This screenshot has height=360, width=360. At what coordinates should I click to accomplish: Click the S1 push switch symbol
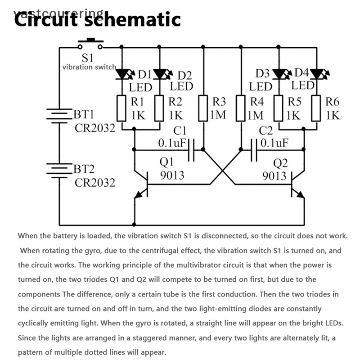coord(90,45)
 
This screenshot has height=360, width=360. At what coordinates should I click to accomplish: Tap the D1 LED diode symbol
coord(122,74)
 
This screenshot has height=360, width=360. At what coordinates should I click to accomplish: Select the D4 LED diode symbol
coord(318,73)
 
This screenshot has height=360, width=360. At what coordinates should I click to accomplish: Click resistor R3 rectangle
coord(203,108)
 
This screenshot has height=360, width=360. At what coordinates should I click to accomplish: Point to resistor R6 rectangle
coord(317,108)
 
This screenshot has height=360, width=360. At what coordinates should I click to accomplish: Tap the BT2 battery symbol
coord(58,171)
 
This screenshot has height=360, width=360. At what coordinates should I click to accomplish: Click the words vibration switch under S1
coord(89,67)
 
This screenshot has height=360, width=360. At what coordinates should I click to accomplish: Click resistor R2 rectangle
coord(159,108)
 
